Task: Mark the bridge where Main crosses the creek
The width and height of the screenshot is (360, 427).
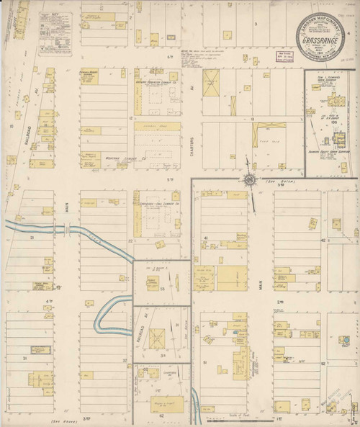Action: pyautogui.click(x=67, y=229)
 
